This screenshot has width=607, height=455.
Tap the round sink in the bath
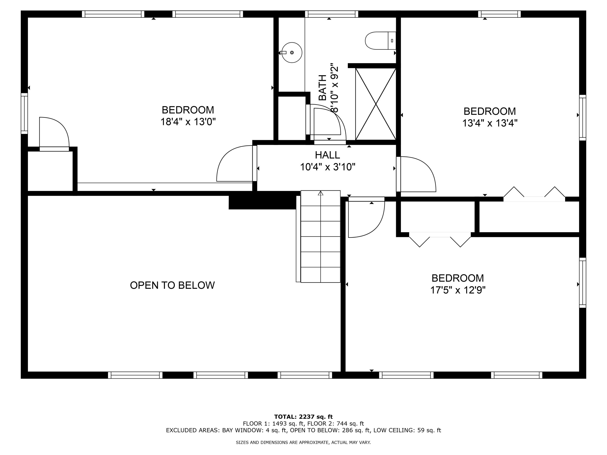[292, 52]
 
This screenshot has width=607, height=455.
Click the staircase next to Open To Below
[320, 236]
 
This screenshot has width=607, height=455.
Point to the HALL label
[327, 155]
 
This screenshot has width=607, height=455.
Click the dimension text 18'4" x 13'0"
[188, 122]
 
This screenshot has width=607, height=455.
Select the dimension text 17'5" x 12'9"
[457, 290]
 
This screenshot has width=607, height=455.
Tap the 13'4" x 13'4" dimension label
[490, 123]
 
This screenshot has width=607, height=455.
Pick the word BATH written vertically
[323, 88]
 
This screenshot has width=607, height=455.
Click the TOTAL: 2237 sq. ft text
[303, 417]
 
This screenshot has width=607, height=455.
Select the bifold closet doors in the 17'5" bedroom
[440, 239]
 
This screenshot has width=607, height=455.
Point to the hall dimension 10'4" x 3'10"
[327, 167]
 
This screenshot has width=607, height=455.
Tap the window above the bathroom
[331, 14]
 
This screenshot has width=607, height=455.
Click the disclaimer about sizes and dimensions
[303, 442]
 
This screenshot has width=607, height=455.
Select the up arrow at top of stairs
[320, 193]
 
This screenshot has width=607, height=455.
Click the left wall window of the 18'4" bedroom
[24, 113]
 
